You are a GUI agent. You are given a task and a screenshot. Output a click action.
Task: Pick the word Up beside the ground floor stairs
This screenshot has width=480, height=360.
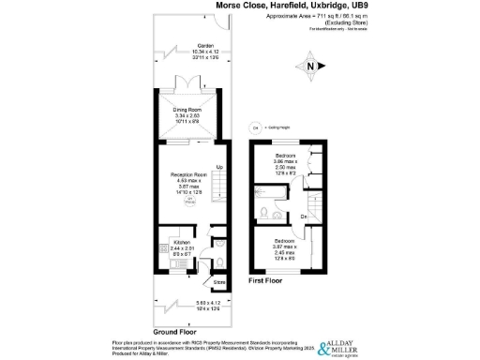tap(220, 168)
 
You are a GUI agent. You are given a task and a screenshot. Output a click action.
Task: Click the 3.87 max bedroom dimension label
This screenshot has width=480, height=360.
tap(283, 247)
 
